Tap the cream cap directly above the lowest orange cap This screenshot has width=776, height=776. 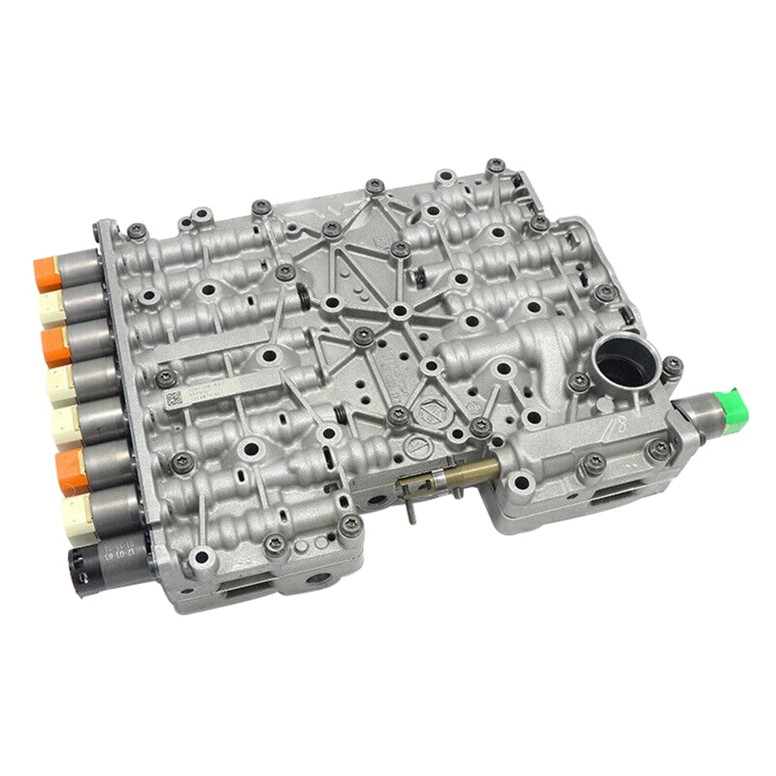click(x=65, y=424)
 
